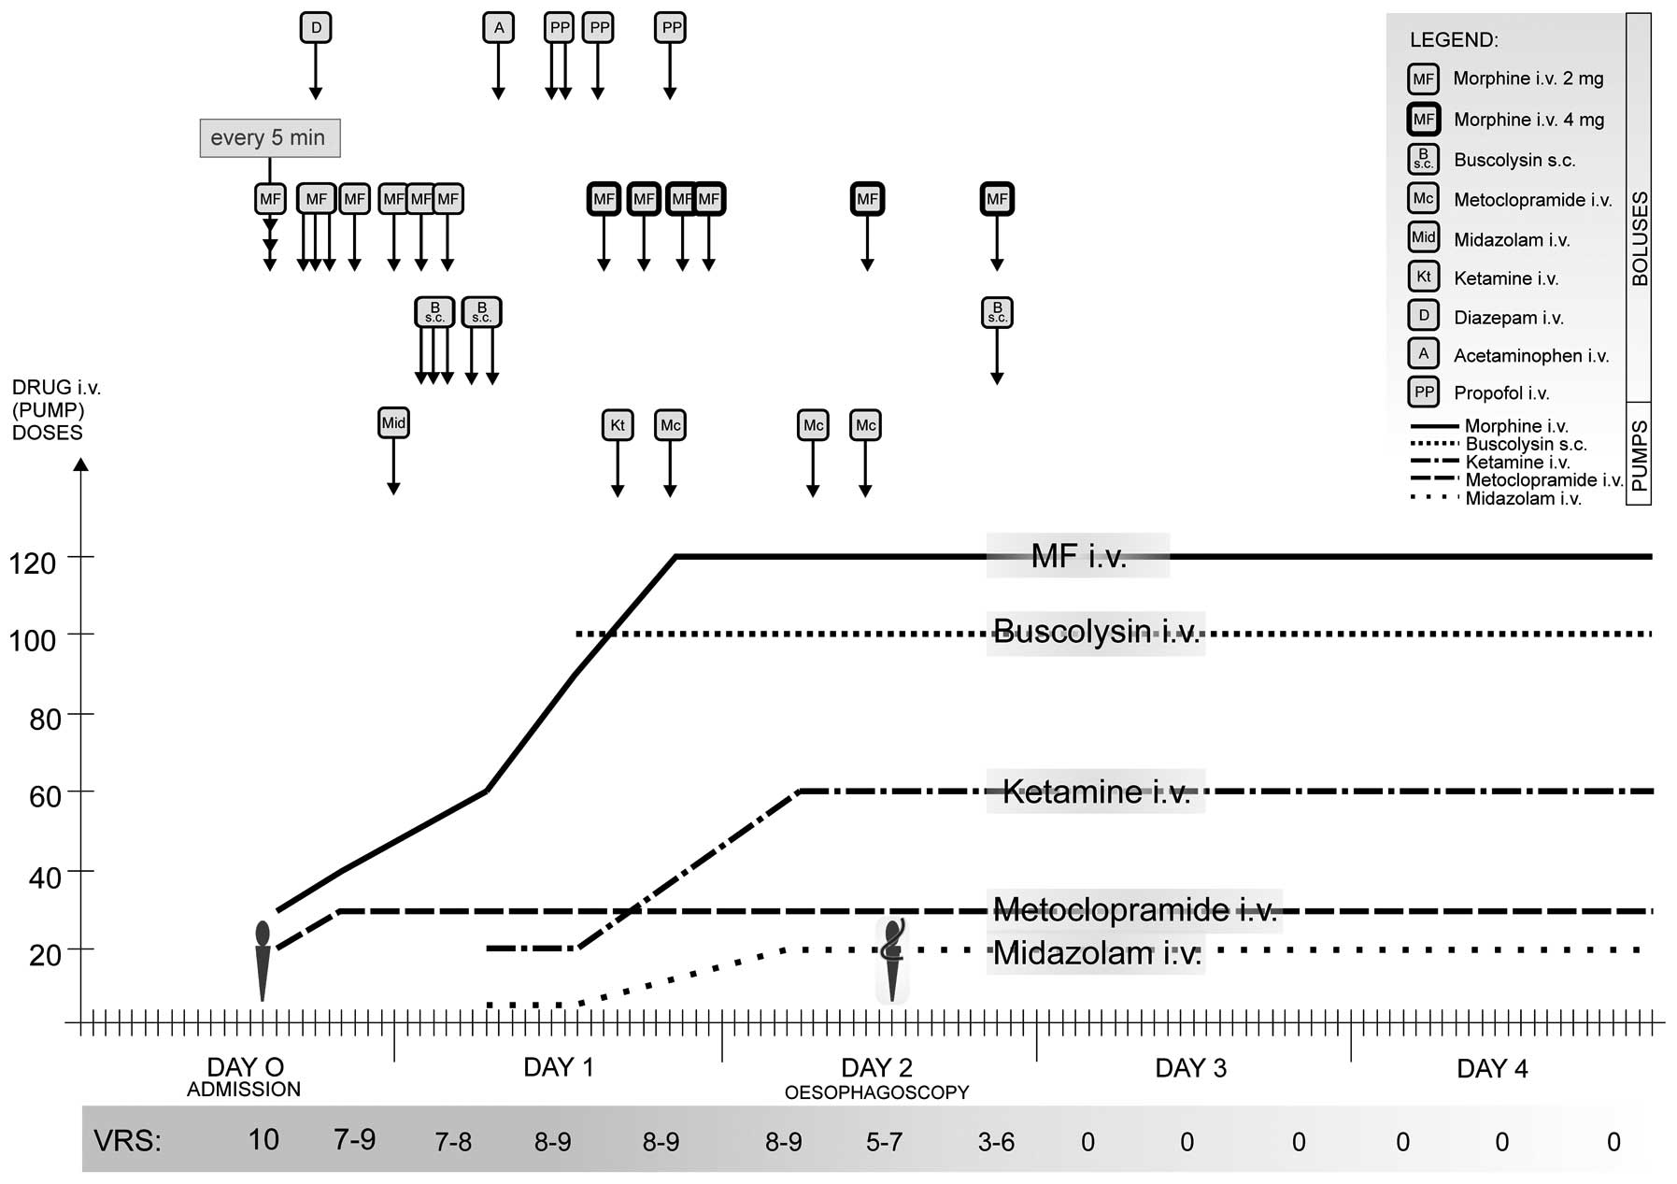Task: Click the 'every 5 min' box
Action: coord(269,138)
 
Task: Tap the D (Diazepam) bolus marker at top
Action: coord(316,28)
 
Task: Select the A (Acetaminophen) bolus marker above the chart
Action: coord(498,28)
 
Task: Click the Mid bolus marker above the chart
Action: coord(393,423)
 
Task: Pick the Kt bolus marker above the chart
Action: coord(617,425)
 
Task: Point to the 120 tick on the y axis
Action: coord(33,563)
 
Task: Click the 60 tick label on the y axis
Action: coord(33,796)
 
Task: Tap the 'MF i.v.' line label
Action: coord(1078,557)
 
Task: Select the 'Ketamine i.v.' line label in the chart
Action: coord(1096,792)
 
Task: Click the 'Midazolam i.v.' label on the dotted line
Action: coord(1097,953)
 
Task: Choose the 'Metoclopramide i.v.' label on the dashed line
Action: coord(1134,909)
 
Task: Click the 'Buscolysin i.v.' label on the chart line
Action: coord(1096,632)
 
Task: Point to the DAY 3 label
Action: coord(1190,1068)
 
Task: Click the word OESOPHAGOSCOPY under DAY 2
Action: coord(876,1092)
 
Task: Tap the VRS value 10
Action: coord(263,1140)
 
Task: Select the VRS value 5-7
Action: coord(884,1142)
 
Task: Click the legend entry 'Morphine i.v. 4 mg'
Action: coord(1528,120)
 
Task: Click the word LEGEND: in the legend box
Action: coord(1453,40)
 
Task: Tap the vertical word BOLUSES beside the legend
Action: coord(1640,239)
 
